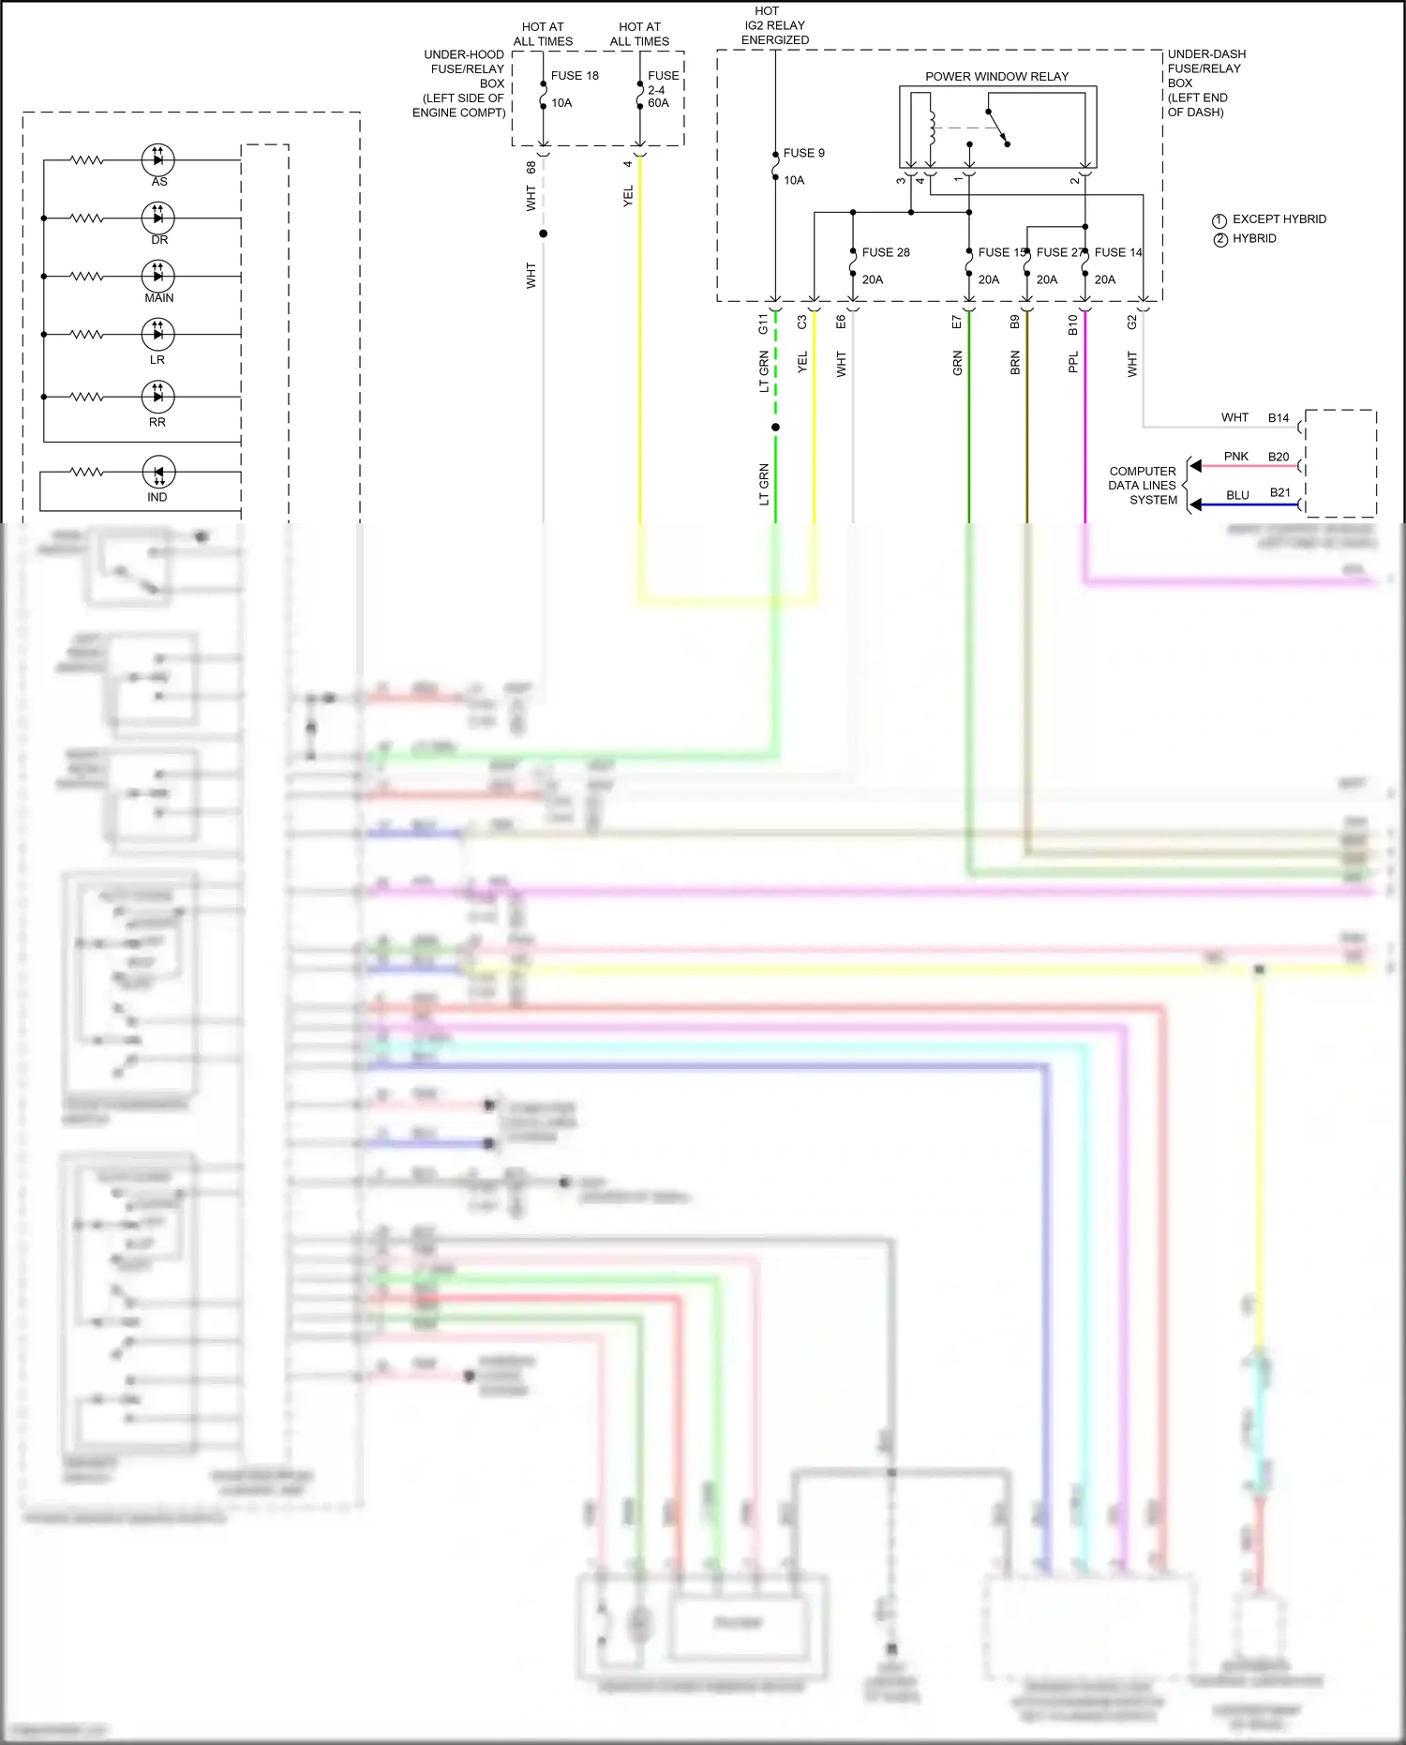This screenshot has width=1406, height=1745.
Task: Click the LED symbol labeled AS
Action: [x=157, y=159]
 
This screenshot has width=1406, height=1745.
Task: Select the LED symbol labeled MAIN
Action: [x=157, y=276]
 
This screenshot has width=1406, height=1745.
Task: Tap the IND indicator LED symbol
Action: [x=157, y=473]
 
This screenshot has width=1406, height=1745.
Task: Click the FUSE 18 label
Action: [x=575, y=76]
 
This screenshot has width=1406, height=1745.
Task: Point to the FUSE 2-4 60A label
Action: [x=662, y=89]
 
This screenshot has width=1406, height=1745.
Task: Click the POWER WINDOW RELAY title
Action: [x=996, y=77]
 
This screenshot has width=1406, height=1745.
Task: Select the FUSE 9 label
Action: [x=803, y=153]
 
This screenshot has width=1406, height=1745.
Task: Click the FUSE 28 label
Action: [x=886, y=252]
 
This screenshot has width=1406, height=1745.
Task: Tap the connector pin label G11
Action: [x=763, y=324]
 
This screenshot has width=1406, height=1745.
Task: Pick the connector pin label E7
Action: [x=957, y=323]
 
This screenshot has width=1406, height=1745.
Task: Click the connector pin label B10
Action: [x=1073, y=324]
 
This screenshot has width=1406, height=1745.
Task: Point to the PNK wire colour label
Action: [x=1235, y=457]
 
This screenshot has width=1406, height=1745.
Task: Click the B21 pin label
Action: [x=1280, y=492]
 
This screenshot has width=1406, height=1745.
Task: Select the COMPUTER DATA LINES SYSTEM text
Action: [x=1143, y=486]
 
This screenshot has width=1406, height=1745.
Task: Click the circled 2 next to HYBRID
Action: [x=1220, y=239]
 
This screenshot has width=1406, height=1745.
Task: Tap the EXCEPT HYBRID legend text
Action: [x=1279, y=219]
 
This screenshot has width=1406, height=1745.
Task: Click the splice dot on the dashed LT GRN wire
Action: [x=775, y=428]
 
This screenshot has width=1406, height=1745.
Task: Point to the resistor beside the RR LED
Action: [x=87, y=397]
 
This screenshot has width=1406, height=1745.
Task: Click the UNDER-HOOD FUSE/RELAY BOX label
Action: [x=461, y=83]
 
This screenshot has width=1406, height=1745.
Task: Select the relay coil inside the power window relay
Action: [x=932, y=127]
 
